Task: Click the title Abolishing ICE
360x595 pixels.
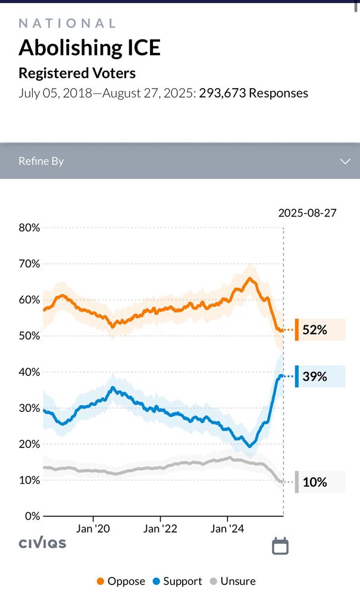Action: (x=89, y=48)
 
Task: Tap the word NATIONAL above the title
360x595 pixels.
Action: (x=67, y=23)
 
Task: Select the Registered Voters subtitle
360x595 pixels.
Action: (x=77, y=73)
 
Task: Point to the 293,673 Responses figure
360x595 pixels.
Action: (x=253, y=93)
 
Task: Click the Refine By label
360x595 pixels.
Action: (x=41, y=161)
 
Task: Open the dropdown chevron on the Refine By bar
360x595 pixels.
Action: (x=345, y=161)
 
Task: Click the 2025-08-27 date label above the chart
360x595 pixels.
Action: (x=307, y=213)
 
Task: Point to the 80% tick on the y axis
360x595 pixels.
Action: (x=29, y=228)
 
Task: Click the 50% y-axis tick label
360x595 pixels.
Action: (x=29, y=336)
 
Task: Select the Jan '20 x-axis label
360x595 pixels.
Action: (x=93, y=528)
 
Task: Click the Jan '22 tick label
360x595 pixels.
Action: (x=161, y=528)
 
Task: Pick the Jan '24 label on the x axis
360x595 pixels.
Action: (x=227, y=528)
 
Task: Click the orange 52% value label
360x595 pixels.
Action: (x=315, y=330)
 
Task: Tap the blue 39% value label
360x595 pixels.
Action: (x=315, y=377)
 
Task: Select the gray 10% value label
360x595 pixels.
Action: (x=315, y=482)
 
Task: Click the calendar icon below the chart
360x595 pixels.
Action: (x=280, y=546)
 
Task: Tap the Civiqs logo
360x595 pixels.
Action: (x=42, y=543)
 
